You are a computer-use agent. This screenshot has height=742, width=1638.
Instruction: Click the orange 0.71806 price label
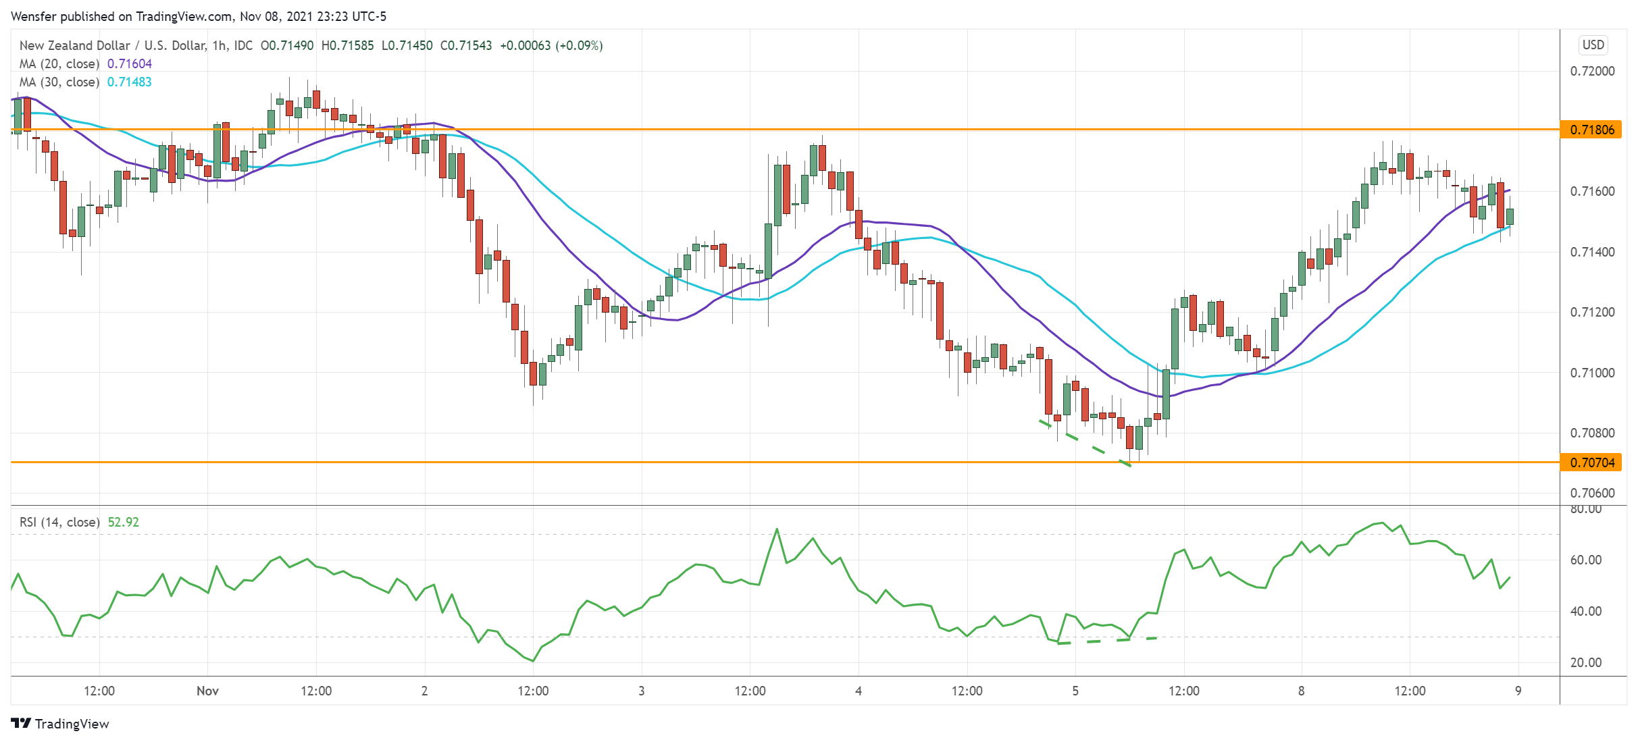point(1591,130)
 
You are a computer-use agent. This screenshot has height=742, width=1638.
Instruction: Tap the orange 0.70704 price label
point(1591,462)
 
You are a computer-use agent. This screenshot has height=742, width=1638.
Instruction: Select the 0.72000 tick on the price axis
point(1592,72)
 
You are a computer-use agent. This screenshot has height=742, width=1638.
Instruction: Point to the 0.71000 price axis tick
point(1592,373)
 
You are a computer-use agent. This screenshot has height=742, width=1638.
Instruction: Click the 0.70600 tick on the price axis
point(1592,493)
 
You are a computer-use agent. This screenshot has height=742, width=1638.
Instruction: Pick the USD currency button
point(1593,45)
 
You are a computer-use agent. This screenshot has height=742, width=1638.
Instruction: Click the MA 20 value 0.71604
point(130,64)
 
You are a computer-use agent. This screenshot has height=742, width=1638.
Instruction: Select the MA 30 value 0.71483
point(130,82)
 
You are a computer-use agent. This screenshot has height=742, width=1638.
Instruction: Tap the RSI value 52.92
point(124,523)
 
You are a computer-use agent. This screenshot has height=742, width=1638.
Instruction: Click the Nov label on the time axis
point(207,691)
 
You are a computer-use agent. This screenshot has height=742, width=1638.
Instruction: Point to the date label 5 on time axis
point(1075,691)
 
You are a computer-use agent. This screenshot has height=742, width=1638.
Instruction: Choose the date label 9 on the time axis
point(1518,691)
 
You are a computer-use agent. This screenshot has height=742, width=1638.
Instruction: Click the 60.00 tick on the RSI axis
point(1585,560)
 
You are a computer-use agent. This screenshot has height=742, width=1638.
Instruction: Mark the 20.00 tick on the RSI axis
point(1585,662)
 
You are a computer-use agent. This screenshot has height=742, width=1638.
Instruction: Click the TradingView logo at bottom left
point(60,724)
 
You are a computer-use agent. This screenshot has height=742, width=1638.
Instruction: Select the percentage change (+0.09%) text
point(579,46)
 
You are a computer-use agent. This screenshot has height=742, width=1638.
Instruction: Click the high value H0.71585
point(347,46)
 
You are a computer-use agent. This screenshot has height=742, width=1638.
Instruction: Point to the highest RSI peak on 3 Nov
point(777,529)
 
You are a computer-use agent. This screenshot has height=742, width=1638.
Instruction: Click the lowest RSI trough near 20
point(533,661)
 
